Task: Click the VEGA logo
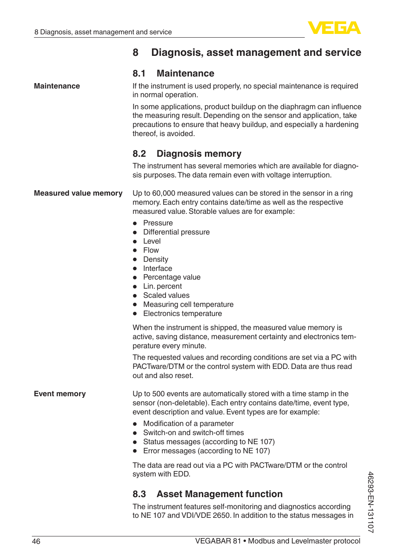pos(334,28)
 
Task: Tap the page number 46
pos(36,541)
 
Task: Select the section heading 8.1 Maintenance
pos(173,74)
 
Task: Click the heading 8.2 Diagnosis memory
pos(187,154)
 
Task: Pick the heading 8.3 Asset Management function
pos(207,494)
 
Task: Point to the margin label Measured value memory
pos(78,193)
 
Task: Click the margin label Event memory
pos(60,394)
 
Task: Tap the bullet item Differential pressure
pos(176,232)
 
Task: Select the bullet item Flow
pos(151,250)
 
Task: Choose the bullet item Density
pos(156,259)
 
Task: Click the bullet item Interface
pos(158,268)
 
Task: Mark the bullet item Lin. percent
pos(162,286)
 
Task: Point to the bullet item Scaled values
pos(166,295)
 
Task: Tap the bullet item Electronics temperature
pos(183,314)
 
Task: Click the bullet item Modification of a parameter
pos(188,424)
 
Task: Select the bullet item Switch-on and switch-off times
pos(193,433)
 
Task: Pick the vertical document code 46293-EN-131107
pos(371,502)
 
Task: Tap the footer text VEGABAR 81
pos(218,541)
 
